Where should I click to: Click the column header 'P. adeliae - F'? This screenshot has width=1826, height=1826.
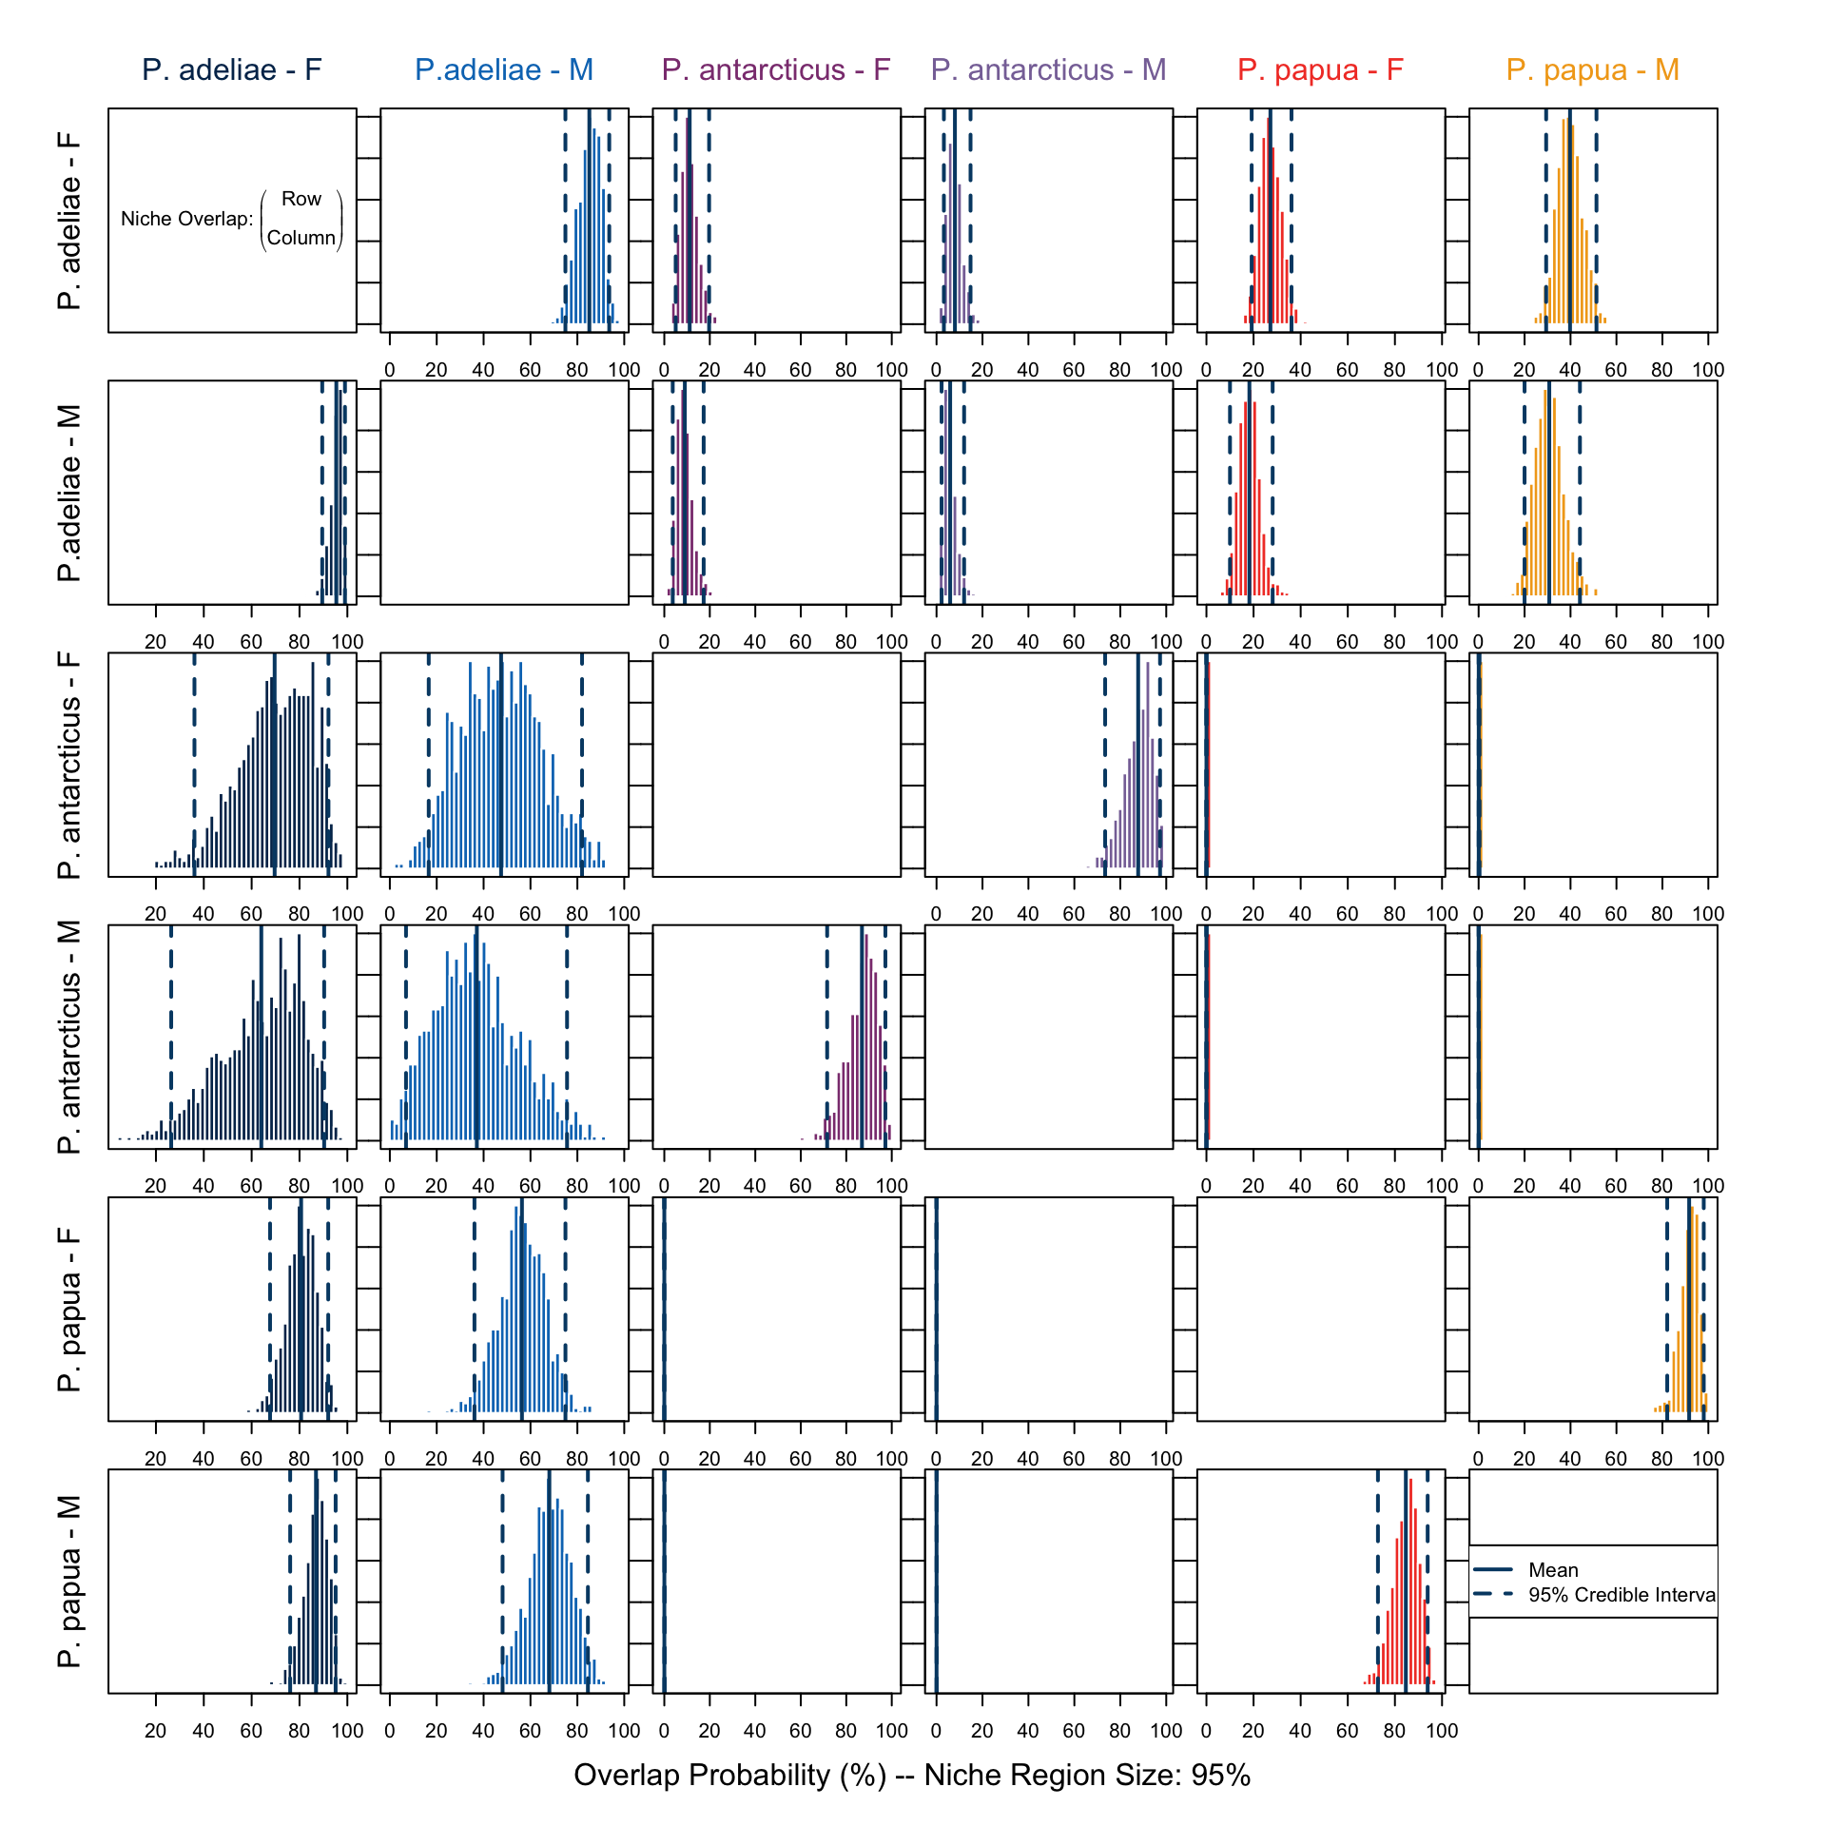click(232, 69)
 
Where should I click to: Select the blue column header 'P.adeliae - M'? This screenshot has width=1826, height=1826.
click(504, 69)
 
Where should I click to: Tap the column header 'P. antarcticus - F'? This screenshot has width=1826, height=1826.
click(776, 69)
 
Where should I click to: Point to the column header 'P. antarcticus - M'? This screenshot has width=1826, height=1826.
click(1048, 69)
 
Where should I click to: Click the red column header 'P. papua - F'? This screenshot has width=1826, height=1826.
click(1320, 69)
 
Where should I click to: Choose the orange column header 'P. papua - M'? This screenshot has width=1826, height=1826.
click(1592, 69)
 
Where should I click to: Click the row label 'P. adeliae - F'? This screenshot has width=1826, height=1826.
click(69, 221)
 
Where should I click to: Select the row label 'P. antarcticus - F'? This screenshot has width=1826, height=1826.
click(69, 766)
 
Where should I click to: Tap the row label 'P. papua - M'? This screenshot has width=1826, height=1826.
click(69, 1582)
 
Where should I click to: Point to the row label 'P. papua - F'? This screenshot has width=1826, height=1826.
click(69, 1310)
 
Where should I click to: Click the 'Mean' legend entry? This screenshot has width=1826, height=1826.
click(1552, 1570)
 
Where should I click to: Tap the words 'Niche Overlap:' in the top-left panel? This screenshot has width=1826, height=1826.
click(187, 219)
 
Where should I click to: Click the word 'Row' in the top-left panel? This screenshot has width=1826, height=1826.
click(301, 199)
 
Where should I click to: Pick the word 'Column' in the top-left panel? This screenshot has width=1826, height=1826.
click(301, 238)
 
